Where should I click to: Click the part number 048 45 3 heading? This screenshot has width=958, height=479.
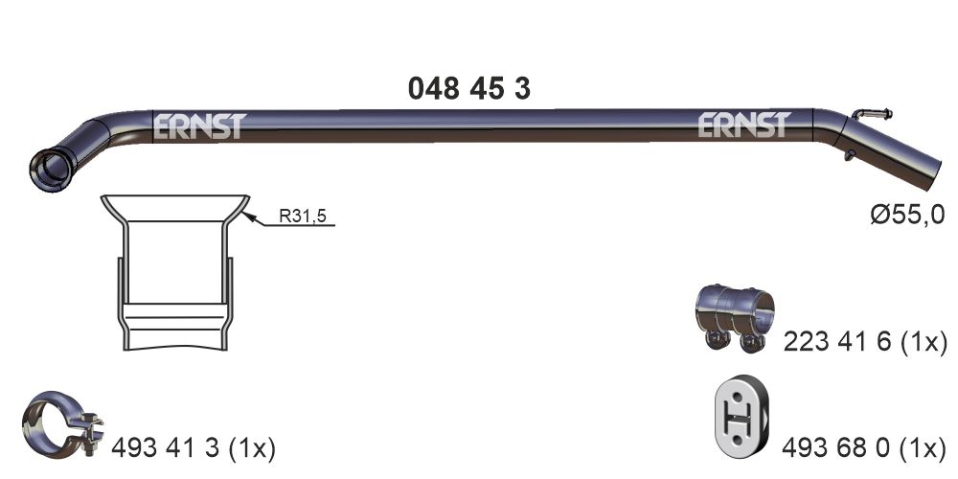(x=468, y=89)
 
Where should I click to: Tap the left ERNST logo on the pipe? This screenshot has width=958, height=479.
(x=199, y=126)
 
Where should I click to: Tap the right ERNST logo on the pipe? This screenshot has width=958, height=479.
(x=743, y=125)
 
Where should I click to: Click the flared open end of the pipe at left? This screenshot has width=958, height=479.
(x=47, y=169)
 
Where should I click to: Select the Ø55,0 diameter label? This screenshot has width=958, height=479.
(x=907, y=215)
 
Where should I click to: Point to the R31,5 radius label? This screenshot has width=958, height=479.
(x=302, y=217)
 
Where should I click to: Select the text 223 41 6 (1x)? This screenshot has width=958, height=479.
(x=864, y=342)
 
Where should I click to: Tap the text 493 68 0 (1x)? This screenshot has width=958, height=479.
(x=864, y=446)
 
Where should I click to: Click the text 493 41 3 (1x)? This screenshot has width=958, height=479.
(x=194, y=446)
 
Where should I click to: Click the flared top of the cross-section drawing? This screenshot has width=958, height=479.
(x=175, y=206)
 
